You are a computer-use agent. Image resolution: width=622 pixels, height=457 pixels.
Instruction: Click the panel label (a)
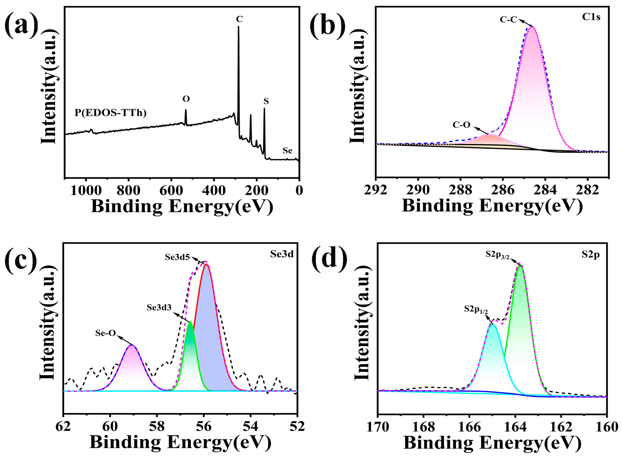(22, 26)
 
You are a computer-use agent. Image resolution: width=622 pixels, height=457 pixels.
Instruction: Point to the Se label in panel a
(287, 151)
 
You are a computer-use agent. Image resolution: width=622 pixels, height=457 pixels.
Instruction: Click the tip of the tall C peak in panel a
(238, 27)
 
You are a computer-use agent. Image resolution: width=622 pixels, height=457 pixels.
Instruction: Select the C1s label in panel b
(591, 17)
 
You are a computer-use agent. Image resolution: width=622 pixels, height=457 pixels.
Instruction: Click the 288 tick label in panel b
(460, 190)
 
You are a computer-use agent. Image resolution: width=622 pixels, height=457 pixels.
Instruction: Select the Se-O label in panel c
(105, 333)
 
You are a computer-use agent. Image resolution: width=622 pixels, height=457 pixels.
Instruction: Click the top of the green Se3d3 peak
(190, 322)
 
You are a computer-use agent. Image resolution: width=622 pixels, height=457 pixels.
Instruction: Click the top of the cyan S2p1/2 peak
(493, 325)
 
